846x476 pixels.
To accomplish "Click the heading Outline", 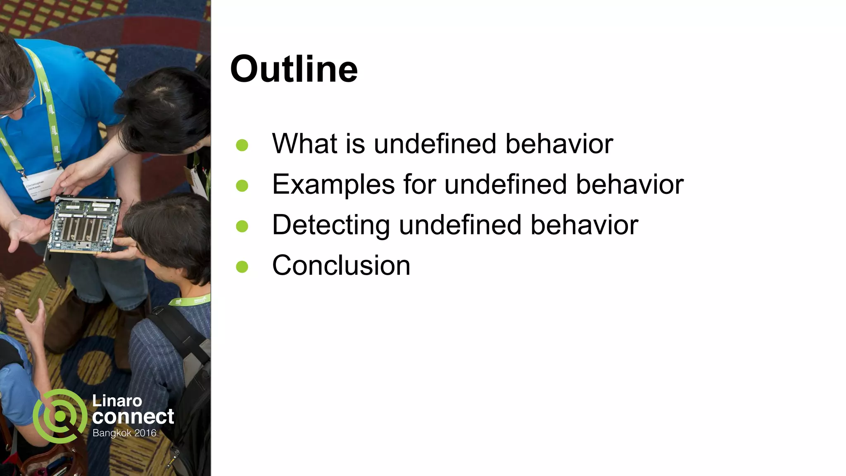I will (x=294, y=69).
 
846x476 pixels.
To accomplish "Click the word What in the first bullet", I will (x=304, y=144).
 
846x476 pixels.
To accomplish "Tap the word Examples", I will (x=333, y=184).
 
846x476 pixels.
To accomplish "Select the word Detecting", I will (x=331, y=225).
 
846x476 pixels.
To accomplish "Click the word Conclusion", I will (x=341, y=265).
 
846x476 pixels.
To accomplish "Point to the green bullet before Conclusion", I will (x=242, y=267).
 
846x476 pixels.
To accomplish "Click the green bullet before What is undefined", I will (x=242, y=145).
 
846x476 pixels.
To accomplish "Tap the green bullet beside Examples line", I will (x=242, y=186).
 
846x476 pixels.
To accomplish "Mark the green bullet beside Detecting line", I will (x=242, y=226).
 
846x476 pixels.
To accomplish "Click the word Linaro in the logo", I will (x=117, y=400).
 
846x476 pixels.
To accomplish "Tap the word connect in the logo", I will (x=133, y=416).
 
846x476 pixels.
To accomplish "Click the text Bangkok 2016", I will (x=124, y=433).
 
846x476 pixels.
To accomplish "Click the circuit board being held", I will (x=85, y=225).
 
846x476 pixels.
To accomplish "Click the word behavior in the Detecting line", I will (x=584, y=225).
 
